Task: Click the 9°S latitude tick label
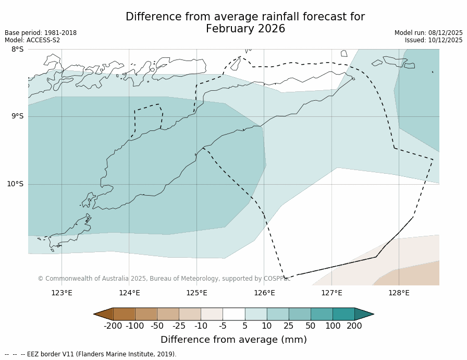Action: coord(17,116)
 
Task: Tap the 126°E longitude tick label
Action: coord(264,293)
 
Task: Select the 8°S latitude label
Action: coord(17,50)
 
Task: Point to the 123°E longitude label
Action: coord(62,293)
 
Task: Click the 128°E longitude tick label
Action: coord(399,293)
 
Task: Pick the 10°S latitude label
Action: coord(15,184)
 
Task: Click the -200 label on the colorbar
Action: coord(113,326)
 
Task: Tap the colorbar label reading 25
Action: coord(288,326)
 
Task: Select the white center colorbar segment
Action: coord(233,314)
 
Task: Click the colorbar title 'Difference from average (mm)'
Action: coord(233,340)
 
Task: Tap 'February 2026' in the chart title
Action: coord(245,29)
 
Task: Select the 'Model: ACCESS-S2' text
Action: coord(32,40)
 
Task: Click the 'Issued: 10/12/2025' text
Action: coord(434,40)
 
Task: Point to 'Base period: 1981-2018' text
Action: coord(41,33)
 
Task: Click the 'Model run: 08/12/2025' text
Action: coord(428,33)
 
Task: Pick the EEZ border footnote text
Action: coord(91,354)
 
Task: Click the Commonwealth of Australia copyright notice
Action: coord(164,279)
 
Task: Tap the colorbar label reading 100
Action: coord(333,326)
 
